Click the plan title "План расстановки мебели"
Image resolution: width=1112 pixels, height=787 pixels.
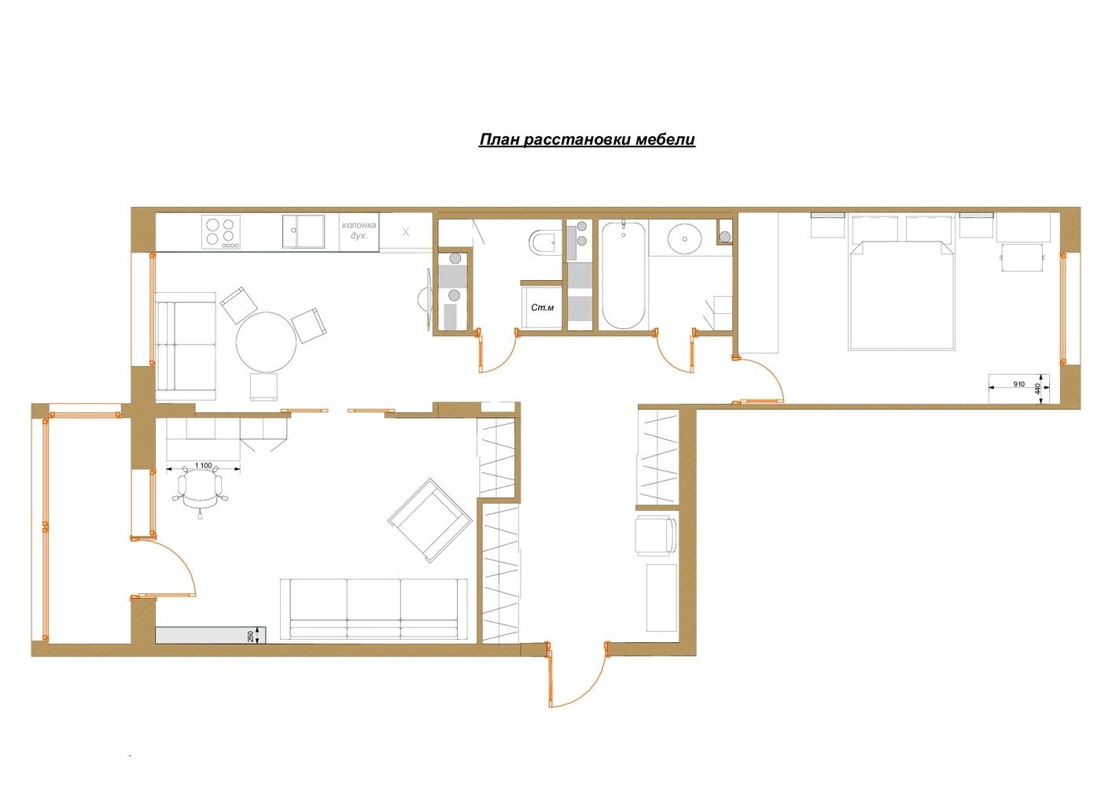pyautogui.click(x=587, y=139)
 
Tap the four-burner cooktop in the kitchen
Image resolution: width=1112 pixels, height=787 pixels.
pyautogui.click(x=221, y=232)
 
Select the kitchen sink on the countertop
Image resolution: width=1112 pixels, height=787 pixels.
pyautogui.click(x=304, y=231)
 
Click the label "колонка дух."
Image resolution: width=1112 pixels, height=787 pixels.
pyautogui.click(x=359, y=230)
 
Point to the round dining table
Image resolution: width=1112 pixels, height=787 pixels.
pyautogui.click(x=267, y=342)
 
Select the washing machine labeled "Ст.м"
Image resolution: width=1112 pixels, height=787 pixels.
pyautogui.click(x=542, y=308)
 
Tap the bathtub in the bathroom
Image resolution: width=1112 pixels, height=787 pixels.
pyautogui.click(x=624, y=275)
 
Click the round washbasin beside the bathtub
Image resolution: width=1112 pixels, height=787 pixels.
pyautogui.click(x=684, y=239)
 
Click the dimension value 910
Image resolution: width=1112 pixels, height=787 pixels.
pyautogui.click(x=1018, y=384)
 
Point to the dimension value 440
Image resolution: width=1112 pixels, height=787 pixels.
pyautogui.click(x=1037, y=388)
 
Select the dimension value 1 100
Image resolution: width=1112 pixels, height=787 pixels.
pyautogui.click(x=203, y=466)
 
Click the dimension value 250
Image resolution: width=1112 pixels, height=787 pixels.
pyautogui.click(x=251, y=636)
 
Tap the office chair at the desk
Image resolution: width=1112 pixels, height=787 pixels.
pyautogui.click(x=200, y=490)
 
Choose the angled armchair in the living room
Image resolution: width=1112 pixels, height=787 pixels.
pyautogui.click(x=430, y=520)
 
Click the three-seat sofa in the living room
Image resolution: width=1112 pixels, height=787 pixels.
pyautogui.click(x=374, y=609)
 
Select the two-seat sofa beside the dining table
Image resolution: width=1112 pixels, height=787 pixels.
pyautogui.click(x=186, y=346)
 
